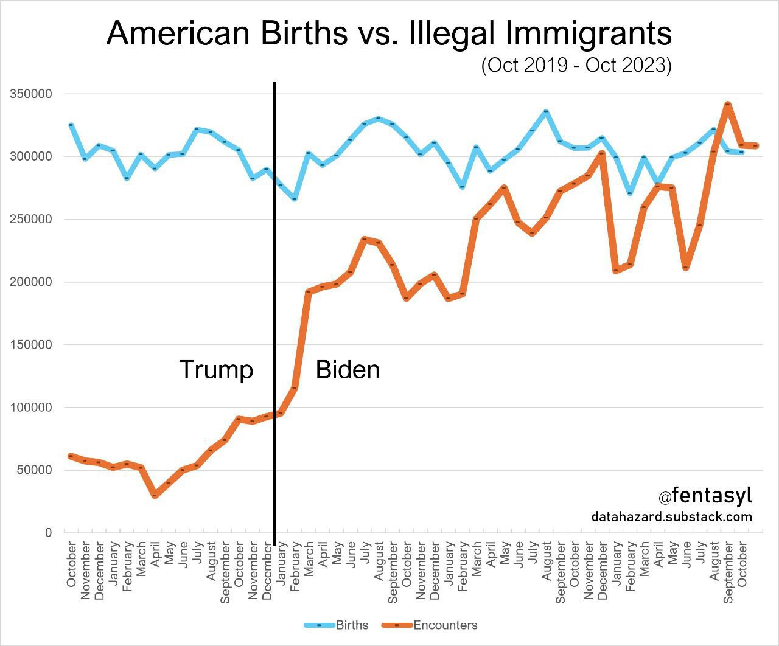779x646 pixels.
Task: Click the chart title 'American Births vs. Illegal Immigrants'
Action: (x=389, y=33)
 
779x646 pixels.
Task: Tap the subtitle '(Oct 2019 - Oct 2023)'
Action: (x=576, y=65)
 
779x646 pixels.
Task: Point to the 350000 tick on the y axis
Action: (x=30, y=94)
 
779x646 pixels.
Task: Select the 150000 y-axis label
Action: (x=30, y=345)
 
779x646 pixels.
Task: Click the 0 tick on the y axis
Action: (x=48, y=533)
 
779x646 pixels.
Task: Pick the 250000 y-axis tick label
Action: (x=30, y=220)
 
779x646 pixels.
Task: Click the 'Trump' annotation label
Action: (x=216, y=370)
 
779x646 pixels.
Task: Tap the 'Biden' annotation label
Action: (x=348, y=370)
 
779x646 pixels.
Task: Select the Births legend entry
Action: (x=337, y=625)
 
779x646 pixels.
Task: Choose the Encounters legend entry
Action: (x=430, y=625)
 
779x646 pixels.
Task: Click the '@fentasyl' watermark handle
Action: (x=705, y=496)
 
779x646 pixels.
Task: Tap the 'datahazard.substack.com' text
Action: (x=671, y=517)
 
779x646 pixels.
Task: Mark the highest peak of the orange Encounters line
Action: (x=727, y=105)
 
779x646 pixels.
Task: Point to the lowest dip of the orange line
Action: (x=155, y=495)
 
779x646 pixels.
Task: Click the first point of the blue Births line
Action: (x=71, y=125)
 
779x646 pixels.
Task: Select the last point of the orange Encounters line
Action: (x=756, y=145)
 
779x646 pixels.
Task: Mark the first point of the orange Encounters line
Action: (x=71, y=456)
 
